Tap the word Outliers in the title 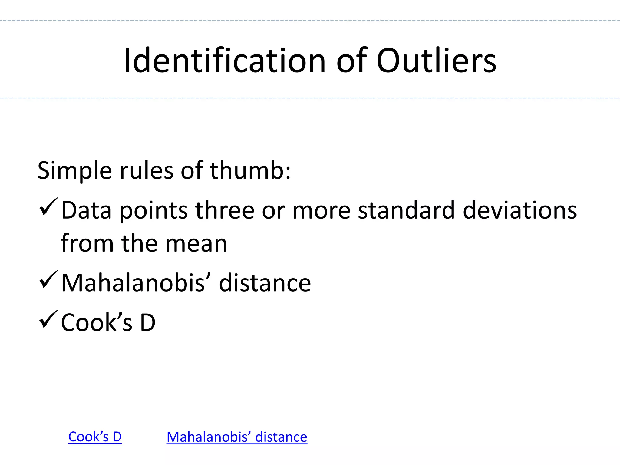tap(436, 61)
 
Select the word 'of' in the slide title tap(351, 61)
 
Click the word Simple tap(74, 171)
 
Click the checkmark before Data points tap(48, 207)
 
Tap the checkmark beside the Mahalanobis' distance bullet tap(48, 280)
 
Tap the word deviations tap(520, 210)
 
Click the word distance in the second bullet tap(265, 283)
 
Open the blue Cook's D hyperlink tap(95, 437)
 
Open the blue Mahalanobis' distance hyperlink tap(237, 437)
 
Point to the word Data tap(87, 210)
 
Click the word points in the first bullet tap(154, 211)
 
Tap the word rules tap(147, 171)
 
